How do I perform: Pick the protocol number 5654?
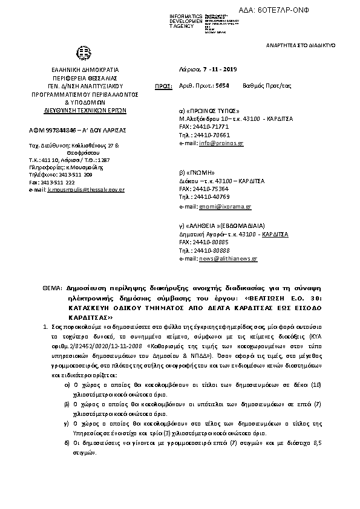tap(222, 86)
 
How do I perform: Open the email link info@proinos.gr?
tap(221, 144)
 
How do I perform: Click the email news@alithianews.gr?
tap(228, 258)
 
